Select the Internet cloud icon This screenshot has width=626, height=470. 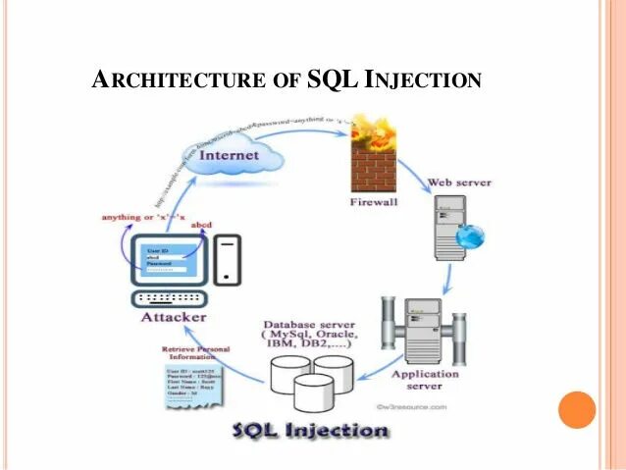(230, 156)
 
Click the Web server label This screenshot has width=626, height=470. (459, 183)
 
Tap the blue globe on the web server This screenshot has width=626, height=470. (475, 235)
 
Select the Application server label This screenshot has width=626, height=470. (425, 380)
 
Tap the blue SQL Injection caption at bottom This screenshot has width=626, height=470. (310, 430)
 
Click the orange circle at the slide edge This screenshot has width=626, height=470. (576, 410)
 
